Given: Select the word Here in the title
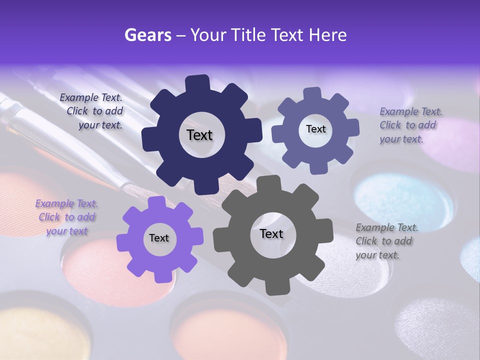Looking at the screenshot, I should pos(328,34).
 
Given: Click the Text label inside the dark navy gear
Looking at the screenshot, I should pos(199,135).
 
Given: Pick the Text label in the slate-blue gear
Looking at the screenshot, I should pos(315,129).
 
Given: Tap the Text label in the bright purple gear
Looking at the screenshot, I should pos(159,238).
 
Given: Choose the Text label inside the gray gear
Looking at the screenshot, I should pos(271,233).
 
